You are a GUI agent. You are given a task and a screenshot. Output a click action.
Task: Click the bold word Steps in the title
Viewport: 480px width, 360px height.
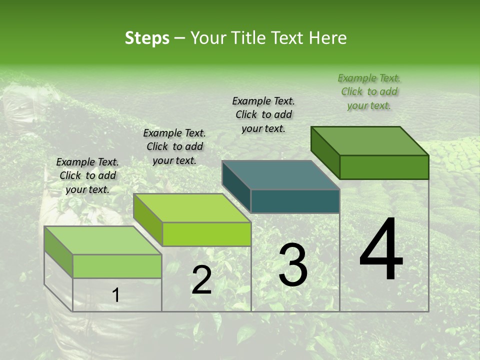pos(147,38)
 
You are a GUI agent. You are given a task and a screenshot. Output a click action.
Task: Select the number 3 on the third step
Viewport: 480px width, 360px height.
pos(292,264)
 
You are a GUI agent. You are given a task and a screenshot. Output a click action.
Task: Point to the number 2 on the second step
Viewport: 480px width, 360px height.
pos(201,280)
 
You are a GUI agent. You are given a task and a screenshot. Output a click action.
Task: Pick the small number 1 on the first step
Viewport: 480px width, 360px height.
pos(115,295)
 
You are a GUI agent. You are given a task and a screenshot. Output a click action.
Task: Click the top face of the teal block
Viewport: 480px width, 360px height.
pos(280,175)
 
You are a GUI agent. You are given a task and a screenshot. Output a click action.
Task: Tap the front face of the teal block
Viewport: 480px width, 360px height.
pos(295,201)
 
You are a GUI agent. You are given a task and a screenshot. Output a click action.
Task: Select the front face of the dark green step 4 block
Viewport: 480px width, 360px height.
pos(384,167)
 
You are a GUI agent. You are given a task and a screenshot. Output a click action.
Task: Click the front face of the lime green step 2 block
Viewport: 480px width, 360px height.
pos(206,234)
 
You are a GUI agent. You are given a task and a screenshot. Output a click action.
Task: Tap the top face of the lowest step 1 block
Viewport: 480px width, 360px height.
pos(102,240)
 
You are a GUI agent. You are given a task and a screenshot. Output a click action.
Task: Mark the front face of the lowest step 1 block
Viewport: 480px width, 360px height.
pos(117,266)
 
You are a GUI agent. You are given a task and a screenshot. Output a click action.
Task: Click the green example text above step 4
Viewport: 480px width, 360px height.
pos(369,92)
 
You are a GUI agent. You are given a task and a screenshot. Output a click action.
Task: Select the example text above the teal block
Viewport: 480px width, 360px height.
pos(263,114)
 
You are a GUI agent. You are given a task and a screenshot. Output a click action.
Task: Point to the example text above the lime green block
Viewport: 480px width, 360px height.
pos(174,146)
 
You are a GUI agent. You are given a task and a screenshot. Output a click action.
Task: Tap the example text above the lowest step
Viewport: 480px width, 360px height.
pos(87,175)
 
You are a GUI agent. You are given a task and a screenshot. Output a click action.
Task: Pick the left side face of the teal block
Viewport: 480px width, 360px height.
pos(236,186)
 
